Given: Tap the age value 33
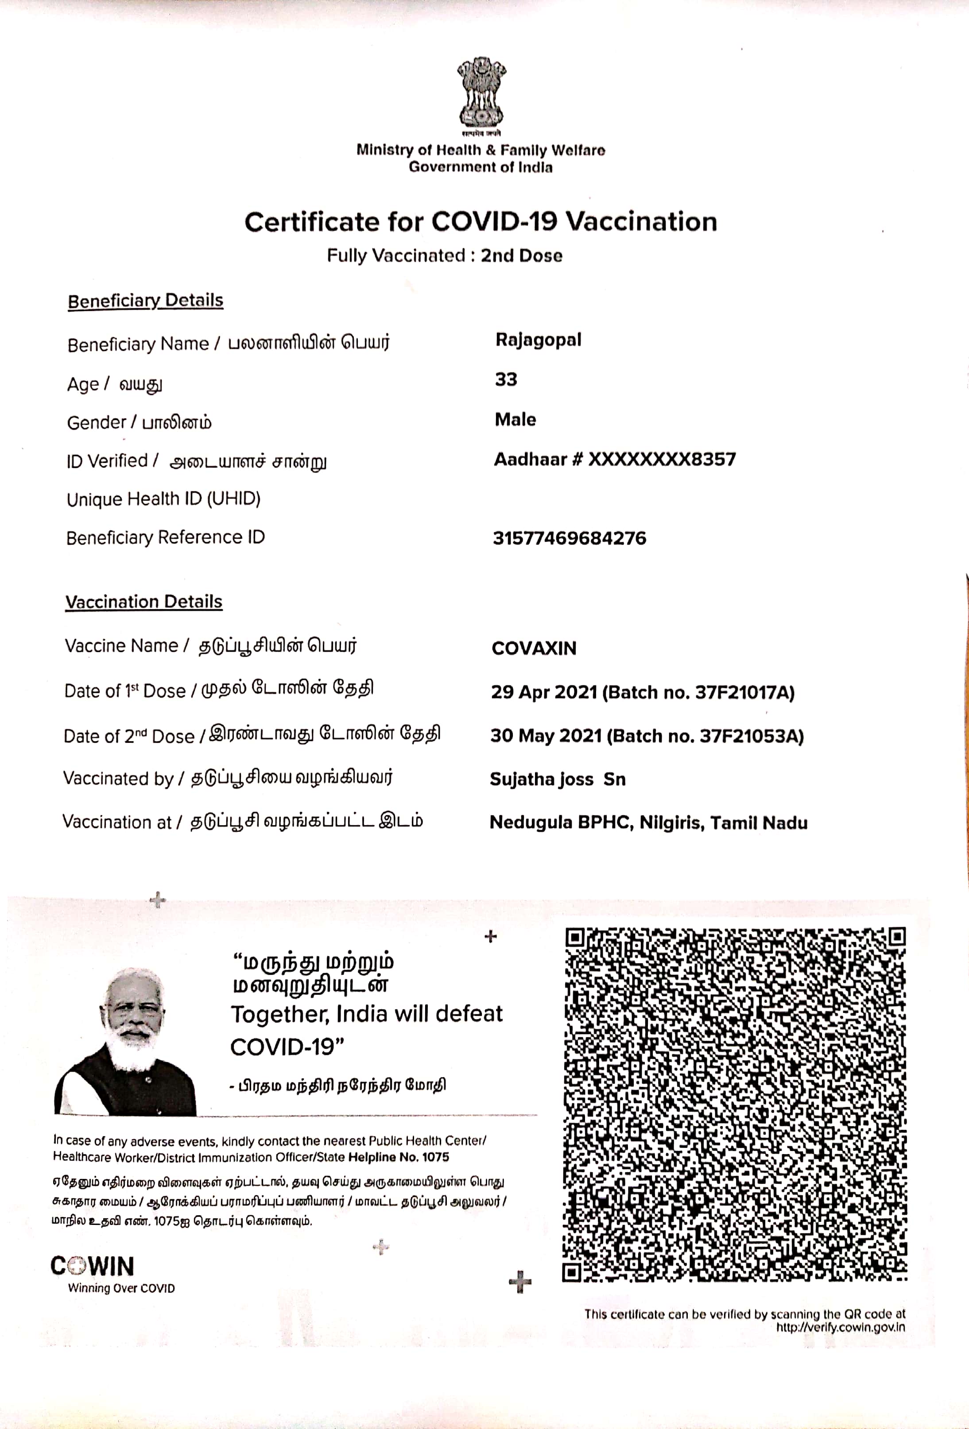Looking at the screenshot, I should (506, 379).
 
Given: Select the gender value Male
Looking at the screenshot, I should (515, 419).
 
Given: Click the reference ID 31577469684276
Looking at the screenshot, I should (569, 538).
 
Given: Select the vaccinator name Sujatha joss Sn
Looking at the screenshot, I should (558, 779).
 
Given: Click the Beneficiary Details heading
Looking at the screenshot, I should (145, 301).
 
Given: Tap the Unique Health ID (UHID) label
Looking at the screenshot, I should (164, 498).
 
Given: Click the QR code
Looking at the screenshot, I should (735, 1105).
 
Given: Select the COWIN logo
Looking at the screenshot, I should (92, 1266).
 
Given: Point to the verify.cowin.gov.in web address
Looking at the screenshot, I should (840, 1326).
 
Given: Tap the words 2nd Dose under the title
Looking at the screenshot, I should (521, 256).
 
